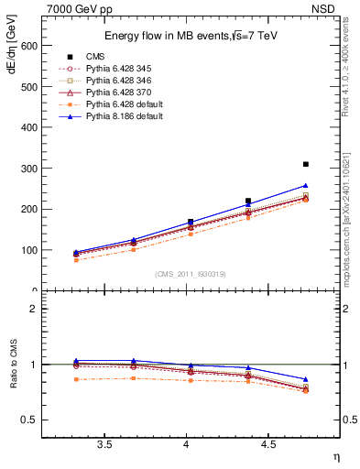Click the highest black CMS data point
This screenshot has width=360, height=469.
pos(306,164)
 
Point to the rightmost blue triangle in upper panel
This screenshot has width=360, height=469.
pos(306,185)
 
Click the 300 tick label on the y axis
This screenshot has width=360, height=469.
pos(27,169)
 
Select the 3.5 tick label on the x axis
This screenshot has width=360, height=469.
pos(104,445)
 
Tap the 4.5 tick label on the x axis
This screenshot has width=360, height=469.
pos(268,445)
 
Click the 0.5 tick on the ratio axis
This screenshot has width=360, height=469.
pos(29,420)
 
